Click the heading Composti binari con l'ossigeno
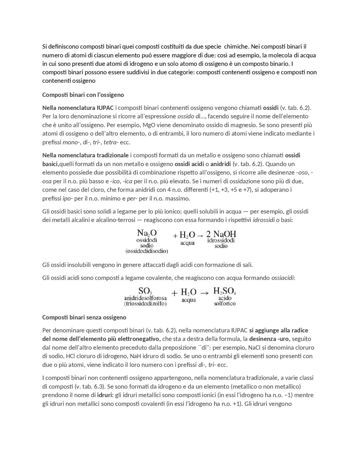pos(83,95)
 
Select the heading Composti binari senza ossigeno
pos(84,317)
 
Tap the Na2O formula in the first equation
pos(147,233)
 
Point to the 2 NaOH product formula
pos(221,234)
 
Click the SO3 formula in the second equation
pos(145,291)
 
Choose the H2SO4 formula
pos(225,291)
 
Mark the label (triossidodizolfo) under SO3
pos(145,304)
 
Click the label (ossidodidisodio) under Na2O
pos(147,251)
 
